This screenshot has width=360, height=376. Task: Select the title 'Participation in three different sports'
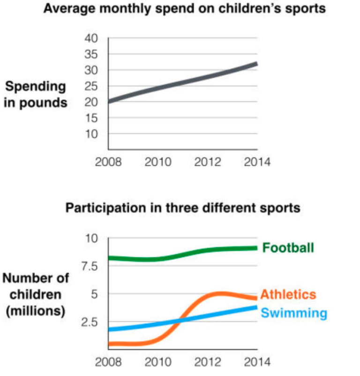183,208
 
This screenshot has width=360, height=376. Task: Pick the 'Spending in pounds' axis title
36,95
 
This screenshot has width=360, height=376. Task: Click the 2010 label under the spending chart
158,162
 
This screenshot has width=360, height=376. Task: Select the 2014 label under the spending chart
257,162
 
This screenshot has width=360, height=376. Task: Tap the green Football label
288,248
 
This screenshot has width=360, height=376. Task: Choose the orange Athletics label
288,295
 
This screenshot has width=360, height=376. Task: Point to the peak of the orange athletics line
218,294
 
